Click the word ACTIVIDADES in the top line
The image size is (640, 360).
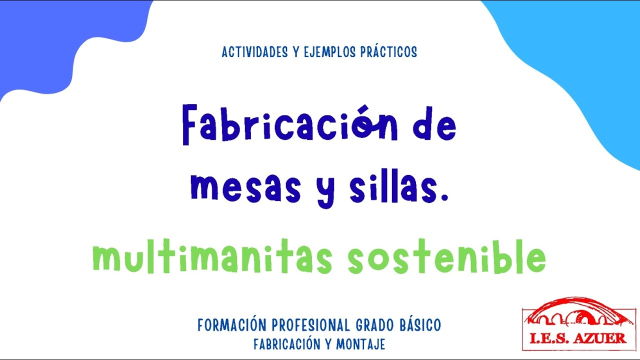(254, 52)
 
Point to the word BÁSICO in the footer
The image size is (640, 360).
(421, 325)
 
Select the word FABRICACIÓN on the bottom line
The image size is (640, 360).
(286, 344)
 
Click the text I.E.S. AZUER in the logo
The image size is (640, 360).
(578, 338)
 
